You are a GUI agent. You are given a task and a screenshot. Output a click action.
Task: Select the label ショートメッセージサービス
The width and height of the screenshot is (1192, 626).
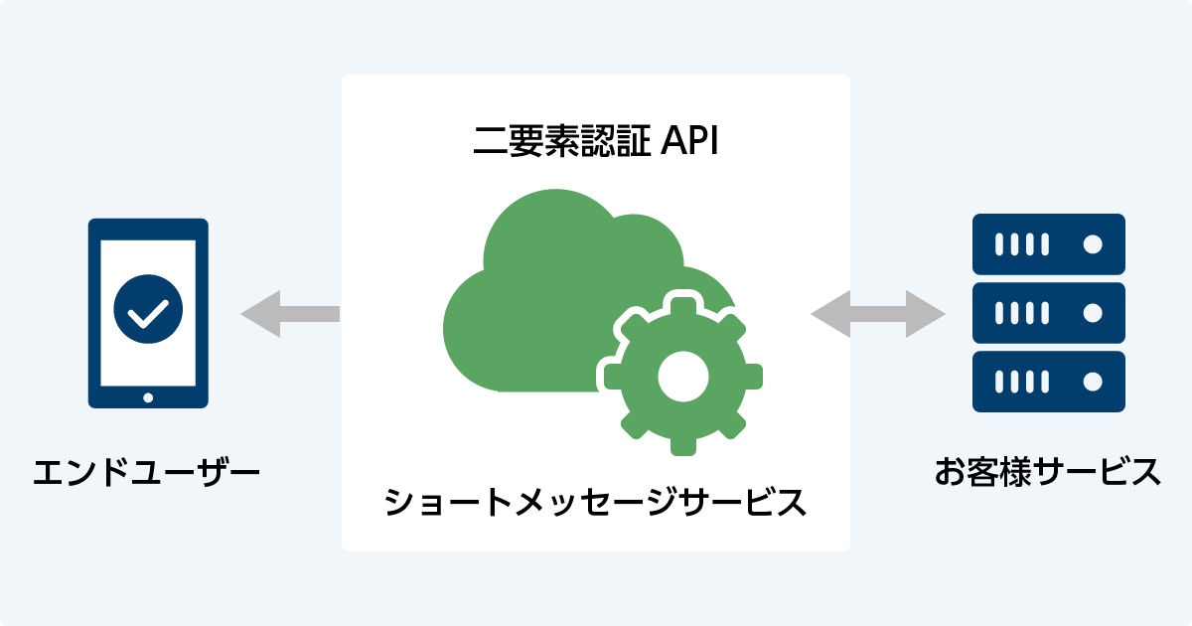tap(595, 501)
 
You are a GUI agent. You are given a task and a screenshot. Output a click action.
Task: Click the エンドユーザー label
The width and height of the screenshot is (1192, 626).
tap(147, 471)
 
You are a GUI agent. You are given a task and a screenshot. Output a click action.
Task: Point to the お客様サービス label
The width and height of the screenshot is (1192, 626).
tap(1047, 471)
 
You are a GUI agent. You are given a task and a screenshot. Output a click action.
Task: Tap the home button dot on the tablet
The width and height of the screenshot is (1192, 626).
tap(148, 397)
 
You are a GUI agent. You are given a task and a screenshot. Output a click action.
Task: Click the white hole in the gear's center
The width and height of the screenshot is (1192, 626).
tap(683, 376)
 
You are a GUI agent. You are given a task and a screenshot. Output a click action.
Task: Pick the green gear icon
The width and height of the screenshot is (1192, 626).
tap(683, 376)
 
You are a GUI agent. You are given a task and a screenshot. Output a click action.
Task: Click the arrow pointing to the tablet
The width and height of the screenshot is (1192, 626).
tap(288, 314)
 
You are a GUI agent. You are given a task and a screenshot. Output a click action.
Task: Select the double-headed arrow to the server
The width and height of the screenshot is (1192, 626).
tap(878, 314)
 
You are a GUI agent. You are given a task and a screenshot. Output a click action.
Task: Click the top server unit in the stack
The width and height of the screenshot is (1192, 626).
tap(1048, 244)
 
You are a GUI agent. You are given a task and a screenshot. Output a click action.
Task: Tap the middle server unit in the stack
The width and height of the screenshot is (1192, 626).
tap(1048, 313)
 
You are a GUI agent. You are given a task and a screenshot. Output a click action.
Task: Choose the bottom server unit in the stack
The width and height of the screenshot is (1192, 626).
tap(1048, 382)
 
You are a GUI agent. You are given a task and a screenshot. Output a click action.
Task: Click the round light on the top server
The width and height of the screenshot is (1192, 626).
tap(1093, 244)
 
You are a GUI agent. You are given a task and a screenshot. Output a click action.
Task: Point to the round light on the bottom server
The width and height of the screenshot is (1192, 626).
tap(1093, 382)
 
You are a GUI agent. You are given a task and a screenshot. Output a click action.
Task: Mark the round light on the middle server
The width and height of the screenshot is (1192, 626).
tap(1093, 313)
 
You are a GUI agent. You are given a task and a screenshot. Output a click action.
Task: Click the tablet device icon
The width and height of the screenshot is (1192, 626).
tap(148, 313)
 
